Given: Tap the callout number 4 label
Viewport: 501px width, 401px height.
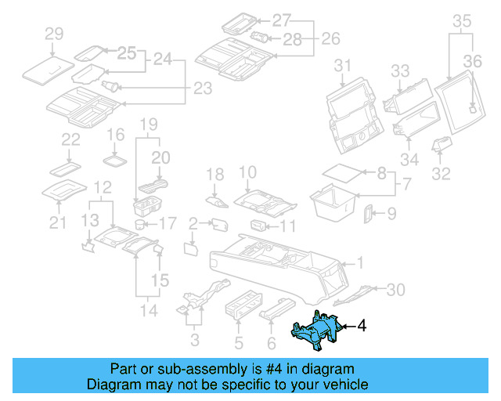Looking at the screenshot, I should tap(362, 325).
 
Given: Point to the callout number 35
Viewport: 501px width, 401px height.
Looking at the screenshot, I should tap(462, 20).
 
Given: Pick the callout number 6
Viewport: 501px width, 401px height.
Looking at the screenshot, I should tap(271, 341).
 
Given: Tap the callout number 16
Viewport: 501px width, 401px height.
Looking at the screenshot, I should tap(115, 135).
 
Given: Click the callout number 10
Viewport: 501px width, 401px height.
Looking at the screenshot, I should tap(247, 172).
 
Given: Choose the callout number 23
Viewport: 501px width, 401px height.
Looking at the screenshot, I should tap(202, 89).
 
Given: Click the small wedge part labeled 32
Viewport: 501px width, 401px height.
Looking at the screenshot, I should tap(442, 144).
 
